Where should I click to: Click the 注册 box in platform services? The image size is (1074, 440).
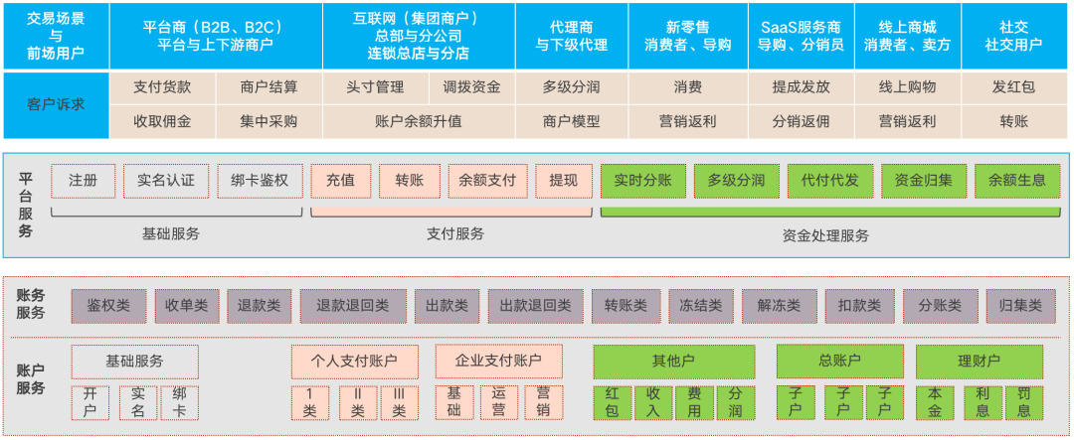pyautogui.click(x=84, y=181)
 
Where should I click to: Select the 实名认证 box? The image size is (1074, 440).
pyautogui.click(x=166, y=181)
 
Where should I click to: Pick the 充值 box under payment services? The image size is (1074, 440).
pyautogui.click(x=340, y=181)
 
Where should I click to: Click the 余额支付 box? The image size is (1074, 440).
pyautogui.click(x=487, y=181)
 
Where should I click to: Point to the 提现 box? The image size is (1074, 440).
pyautogui.click(x=564, y=181)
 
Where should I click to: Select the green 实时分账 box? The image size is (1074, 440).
pyautogui.click(x=642, y=181)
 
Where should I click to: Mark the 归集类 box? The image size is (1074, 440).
pyautogui.click(x=1020, y=306)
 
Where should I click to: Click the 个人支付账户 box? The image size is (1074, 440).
pyautogui.click(x=355, y=361)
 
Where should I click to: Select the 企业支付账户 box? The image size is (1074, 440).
pyautogui.click(x=498, y=361)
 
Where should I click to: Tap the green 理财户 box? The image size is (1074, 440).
pyautogui.click(x=980, y=361)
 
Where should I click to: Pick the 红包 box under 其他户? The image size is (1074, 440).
pyautogui.click(x=613, y=402)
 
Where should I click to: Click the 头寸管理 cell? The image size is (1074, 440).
pyautogui.click(x=375, y=87)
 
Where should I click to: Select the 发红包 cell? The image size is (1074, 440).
pyautogui.click(x=1013, y=87)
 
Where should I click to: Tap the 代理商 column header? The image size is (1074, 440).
pyautogui.click(x=571, y=36)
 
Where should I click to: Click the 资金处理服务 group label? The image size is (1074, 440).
pyautogui.click(x=825, y=235)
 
